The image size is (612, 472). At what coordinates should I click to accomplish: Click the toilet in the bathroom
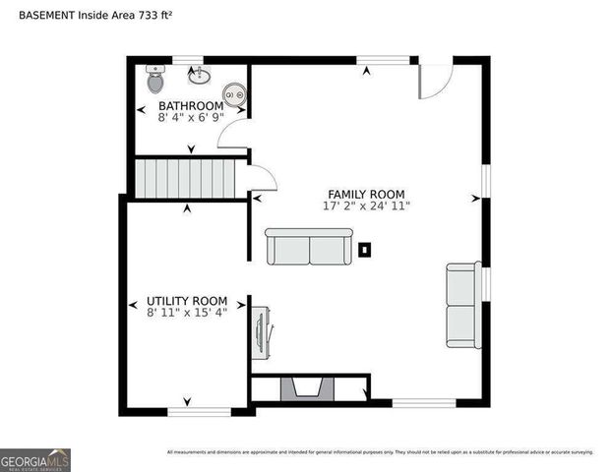[155, 75]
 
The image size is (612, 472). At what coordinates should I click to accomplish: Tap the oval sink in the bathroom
[203, 75]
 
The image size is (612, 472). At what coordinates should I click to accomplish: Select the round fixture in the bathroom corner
[234, 95]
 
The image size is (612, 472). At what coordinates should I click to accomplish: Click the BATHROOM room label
[191, 105]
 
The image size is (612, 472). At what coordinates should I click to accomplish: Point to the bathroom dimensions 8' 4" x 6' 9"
[192, 116]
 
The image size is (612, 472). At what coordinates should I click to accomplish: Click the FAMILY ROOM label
[366, 194]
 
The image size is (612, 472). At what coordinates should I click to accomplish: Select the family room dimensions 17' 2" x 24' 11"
[366, 206]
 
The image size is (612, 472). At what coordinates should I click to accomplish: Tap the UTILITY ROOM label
[187, 300]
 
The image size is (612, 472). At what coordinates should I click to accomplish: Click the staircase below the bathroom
[187, 178]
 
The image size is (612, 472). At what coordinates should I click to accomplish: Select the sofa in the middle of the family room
[308, 246]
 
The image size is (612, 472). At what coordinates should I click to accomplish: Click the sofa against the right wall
[462, 305]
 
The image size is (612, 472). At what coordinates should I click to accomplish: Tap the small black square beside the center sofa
[364, 250]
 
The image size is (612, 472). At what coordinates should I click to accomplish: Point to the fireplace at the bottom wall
[309, 390]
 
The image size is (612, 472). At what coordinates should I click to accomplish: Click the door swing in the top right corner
[435, 81]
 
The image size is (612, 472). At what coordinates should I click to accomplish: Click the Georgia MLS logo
[35, 460]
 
